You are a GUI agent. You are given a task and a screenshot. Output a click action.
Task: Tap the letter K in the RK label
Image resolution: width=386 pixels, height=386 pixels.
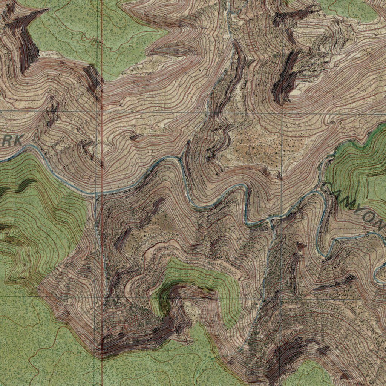tap(17, 141)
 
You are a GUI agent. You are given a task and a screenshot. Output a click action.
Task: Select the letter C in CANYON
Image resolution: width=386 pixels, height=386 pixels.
tap(329, 189)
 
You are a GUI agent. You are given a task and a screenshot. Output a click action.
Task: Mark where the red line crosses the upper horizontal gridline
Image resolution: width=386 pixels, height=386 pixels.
tap(101, 112)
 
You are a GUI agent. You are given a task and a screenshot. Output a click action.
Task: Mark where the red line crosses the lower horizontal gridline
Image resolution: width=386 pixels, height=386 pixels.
tap(102, 297)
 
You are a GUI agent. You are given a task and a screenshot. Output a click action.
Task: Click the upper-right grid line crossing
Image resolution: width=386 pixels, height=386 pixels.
tap(282, 113)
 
